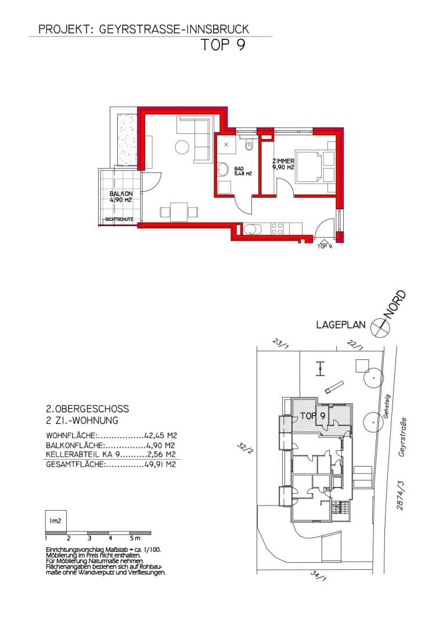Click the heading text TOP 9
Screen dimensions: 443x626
pyautogui.click(x=223, y=45)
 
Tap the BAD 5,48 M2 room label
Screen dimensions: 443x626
pyautogui.click(x=243, y=171)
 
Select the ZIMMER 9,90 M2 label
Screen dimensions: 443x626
pyautogui.click(x=283, y=164)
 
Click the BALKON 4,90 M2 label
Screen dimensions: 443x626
pyautogui.click(x=121, y=197)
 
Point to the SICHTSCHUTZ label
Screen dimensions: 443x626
pyautogui.click(x=119, y=219)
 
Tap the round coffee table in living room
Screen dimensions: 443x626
pyautogui.click(x=182, y=147)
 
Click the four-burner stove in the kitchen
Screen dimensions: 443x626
pyautogui.click(x=278, y=229)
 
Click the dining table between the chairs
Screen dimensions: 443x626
pyautogui.click(x=179, y=212)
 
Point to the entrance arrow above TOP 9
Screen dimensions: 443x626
pyautogui.click(x=324, y=241)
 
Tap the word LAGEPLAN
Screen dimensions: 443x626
pyautogui.click(x=341, y=325)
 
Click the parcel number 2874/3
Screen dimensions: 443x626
pyautogui.click(x=400, y=495)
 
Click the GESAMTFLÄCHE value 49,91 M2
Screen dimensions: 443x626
pyautogui.click(x=160, y=465)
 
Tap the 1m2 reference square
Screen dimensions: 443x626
pyautogui.click(x=56, y=521)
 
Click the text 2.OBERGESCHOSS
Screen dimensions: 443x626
pyautogui.click(x=88, y=409)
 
